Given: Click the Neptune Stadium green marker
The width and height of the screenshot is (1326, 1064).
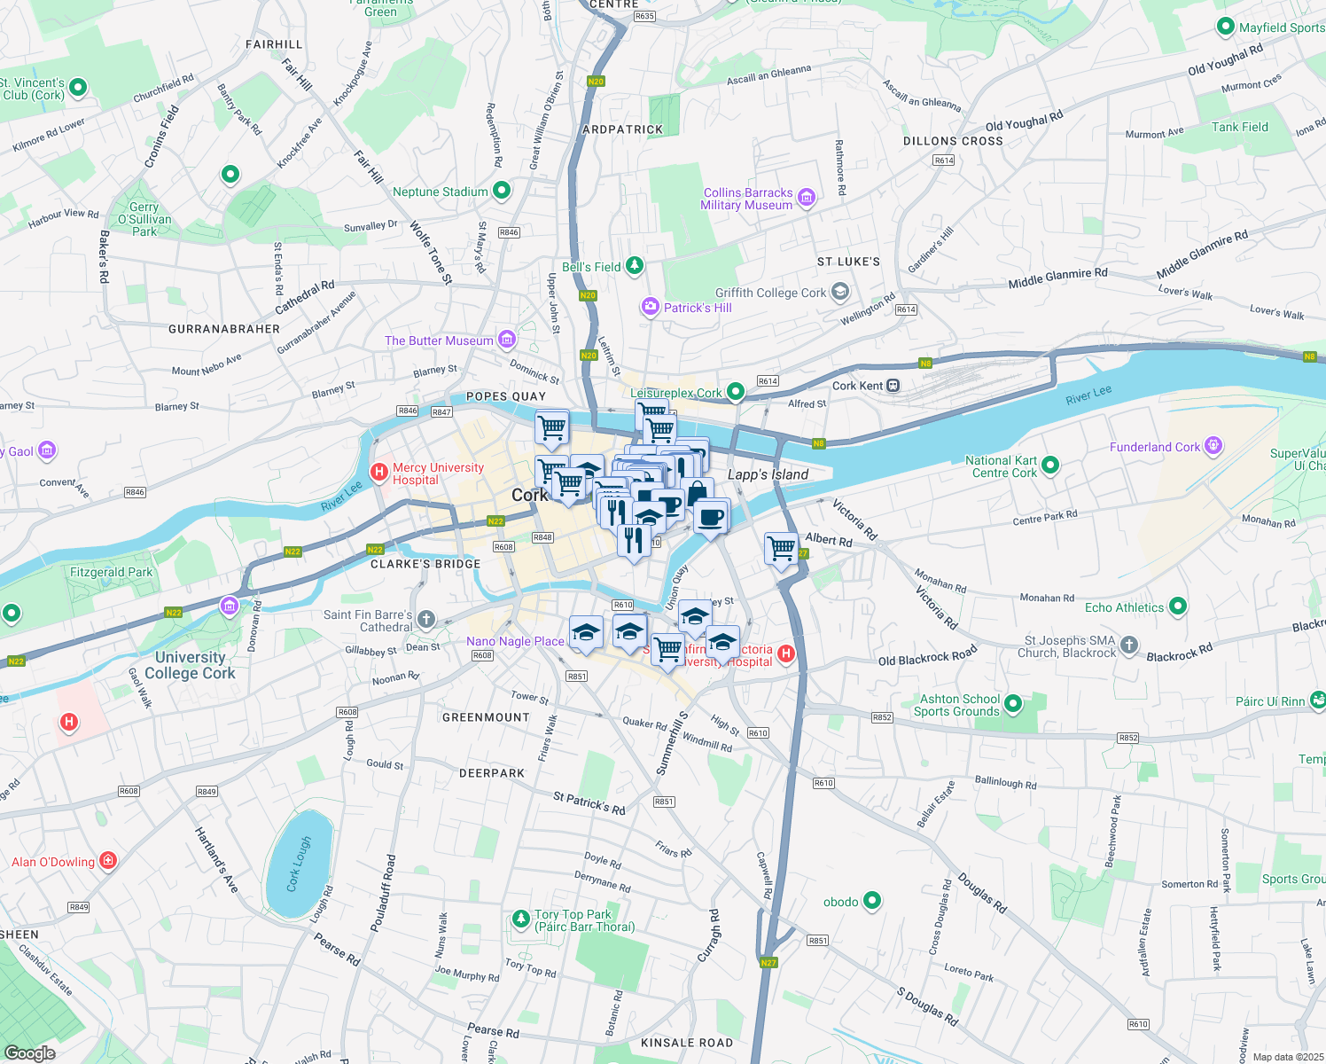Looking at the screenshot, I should coord(502,190).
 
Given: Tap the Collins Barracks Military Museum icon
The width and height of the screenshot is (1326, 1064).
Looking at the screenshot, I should coord(807,197).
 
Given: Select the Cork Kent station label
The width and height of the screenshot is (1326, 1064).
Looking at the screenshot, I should coord(858,386).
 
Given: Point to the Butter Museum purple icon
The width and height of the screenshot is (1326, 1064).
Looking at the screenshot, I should coord(507,339).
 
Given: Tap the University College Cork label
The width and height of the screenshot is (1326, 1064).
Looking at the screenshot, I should coord(191,665).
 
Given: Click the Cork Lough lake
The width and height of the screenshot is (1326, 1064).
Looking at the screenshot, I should coord(299,864).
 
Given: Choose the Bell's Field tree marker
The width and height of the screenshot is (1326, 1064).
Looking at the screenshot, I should coord(634,265).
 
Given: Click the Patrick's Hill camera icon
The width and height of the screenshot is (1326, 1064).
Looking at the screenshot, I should coord(651,307).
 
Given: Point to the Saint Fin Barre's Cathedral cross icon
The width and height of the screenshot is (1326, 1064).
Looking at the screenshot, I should coord(426,619).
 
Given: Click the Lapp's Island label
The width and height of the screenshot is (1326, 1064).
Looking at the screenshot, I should coord(768,474).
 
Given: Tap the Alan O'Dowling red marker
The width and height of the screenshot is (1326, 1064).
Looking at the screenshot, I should coord(108,860).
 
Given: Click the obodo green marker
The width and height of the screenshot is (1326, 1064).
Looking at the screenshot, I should coord(872,901).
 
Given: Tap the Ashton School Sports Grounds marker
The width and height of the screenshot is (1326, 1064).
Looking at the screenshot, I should coord(1013,704).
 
